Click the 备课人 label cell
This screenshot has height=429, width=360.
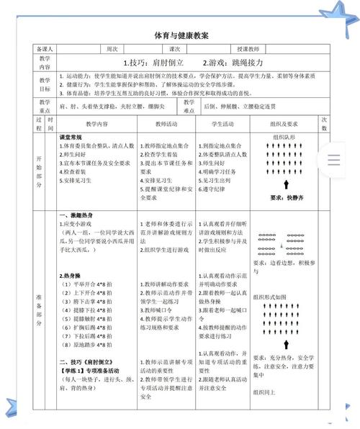pos(45,50)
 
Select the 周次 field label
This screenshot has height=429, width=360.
pos(112,50)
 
